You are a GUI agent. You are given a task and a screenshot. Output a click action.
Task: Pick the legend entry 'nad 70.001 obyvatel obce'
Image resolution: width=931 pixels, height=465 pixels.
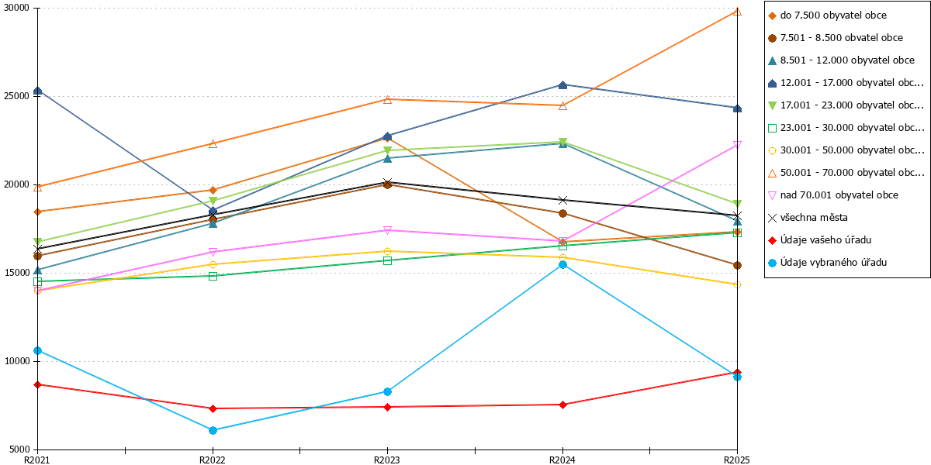[x=833, y=195]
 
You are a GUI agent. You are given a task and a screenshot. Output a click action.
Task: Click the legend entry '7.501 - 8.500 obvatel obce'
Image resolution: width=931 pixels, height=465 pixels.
[x=836, y=38]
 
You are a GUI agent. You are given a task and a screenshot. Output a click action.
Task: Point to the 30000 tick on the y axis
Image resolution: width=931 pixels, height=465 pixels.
[x=36, y=9]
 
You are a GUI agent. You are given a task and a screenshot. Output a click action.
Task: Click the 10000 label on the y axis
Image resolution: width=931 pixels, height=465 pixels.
[x=16, y=361]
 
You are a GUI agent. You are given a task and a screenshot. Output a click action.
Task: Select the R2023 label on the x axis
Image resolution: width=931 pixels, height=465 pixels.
[x=387, y=460]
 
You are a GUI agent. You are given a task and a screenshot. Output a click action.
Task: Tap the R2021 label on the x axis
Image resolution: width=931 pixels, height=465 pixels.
[x=37, y=460]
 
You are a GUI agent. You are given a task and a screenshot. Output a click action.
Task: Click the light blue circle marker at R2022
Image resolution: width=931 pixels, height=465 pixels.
[x=213, y=431]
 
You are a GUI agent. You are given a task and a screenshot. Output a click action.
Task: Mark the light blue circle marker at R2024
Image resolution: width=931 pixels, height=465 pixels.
[x=562, y=265]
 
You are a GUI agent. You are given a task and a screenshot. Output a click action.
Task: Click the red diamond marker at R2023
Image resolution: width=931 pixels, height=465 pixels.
[x=387, y=408]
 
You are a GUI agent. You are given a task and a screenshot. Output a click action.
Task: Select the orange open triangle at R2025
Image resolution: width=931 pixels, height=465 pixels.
[x=737, y=12]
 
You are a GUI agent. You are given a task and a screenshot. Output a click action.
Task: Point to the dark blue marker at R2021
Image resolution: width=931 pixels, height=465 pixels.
[x=38, y=91]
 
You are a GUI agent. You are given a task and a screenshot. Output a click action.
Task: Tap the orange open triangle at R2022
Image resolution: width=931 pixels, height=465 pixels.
[x=213, y=144]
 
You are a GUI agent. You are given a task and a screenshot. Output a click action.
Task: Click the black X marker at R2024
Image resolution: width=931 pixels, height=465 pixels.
[x=562, y=201]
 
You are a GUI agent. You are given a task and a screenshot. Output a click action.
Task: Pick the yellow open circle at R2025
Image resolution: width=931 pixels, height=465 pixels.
[x=737, y=285]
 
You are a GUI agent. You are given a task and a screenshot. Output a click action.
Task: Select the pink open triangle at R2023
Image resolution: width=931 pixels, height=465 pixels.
[x=387, y=230]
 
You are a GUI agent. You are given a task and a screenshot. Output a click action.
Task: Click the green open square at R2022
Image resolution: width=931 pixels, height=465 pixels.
[x=213, y=277]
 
